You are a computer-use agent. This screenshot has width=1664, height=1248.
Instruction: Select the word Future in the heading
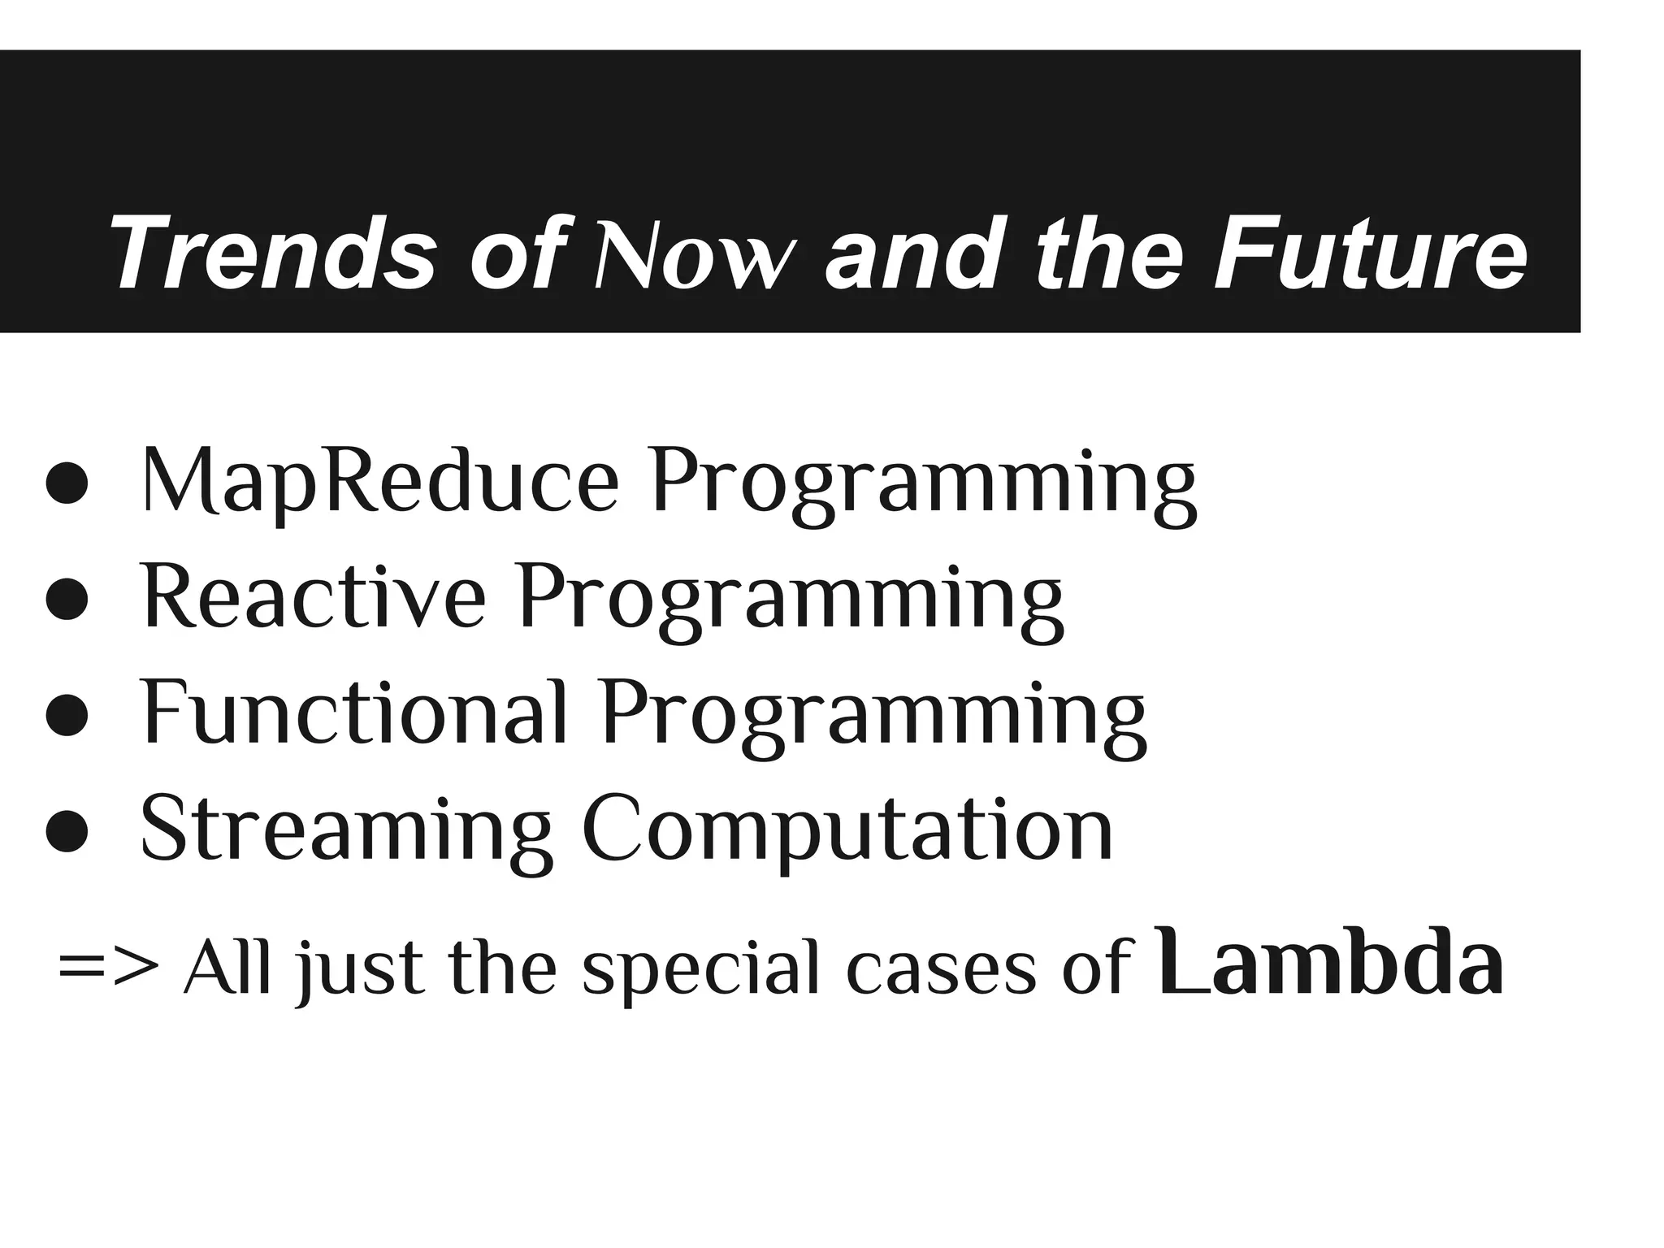point(1370,253)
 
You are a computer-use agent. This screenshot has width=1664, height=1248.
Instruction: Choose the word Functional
point(353,713)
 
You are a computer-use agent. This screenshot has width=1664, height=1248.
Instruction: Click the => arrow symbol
point(109,968)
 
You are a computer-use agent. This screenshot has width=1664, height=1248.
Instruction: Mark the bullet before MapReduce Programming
point(67,485)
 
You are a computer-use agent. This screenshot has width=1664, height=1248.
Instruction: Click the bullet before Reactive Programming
point(67,600)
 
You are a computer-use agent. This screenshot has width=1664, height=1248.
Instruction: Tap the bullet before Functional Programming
point(67,716)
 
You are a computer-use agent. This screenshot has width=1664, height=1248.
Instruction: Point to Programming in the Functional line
point(873,717)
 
